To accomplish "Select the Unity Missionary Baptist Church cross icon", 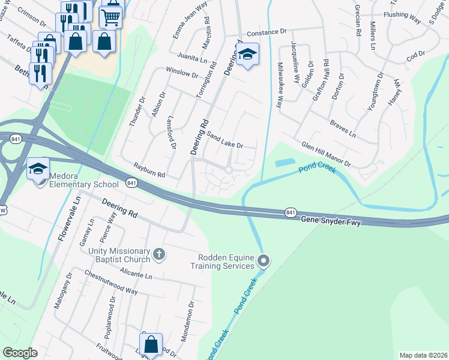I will tap(159, 254).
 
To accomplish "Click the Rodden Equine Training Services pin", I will tap(264, 260).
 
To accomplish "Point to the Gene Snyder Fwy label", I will tap(333, 220).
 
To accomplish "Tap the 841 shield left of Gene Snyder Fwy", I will tap(291, 212).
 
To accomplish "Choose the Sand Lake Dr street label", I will tap(224, 140).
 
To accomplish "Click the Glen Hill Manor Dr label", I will tap(326, 155).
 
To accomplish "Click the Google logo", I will tap(20, 353).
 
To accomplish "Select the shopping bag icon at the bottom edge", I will tap(151, 345).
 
